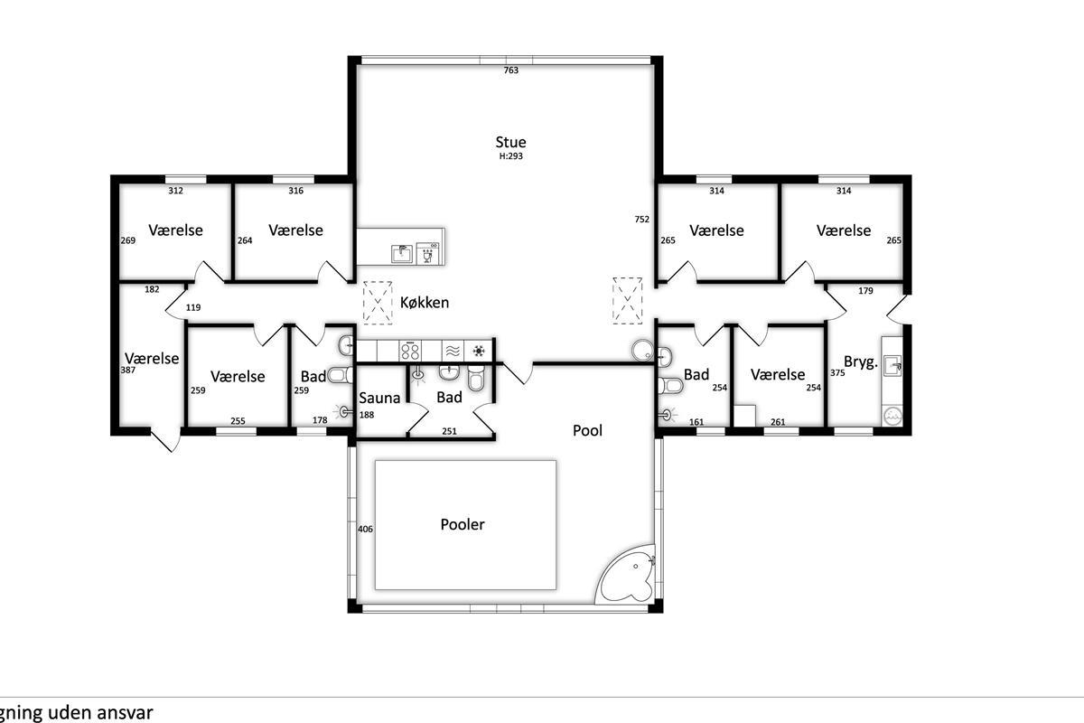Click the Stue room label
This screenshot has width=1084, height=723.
click(x=510, y=142)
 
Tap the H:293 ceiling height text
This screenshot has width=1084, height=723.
click(x=511, y=156)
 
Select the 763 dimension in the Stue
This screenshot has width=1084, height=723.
click(x=511, y=70)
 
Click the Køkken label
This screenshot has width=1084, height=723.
click(x=425, y=303)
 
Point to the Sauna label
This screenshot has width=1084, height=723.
click(x=379, y=398)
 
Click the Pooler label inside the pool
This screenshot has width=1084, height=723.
click(x=463, y=524)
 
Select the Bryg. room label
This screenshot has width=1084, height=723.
click(x=860, y=361)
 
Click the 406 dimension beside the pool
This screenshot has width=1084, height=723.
click(x=365, y=530)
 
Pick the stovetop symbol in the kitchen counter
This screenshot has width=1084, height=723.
click(x=410, y=351)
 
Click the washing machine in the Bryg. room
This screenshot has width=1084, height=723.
click(x=892, y=416)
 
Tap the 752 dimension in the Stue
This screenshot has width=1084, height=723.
click(x=641, y=220)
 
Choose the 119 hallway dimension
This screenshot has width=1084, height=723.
click(x=193, y=307)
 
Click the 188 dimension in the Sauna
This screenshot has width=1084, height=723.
click(x=367, y=415)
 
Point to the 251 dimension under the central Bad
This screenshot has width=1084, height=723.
click(x=449, y=431)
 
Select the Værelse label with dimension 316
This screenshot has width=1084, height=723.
click(x=295, y=230)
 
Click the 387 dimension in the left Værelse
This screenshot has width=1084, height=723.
click(x=127, y=371)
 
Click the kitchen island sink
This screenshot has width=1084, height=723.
click(x=402, y=253)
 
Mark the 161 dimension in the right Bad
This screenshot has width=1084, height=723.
click(x=696, y=422)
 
